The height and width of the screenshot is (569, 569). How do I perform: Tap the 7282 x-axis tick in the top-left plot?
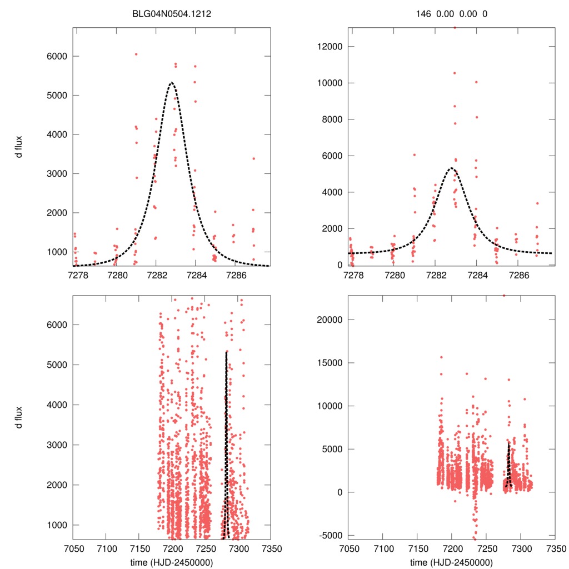(156, 275)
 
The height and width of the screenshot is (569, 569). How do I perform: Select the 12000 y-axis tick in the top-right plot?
(328, 47)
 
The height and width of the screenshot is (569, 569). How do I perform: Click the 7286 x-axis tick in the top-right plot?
(518, 275)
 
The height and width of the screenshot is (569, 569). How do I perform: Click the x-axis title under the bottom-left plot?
(171, 562)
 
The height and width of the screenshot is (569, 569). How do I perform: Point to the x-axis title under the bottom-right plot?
(451, 562)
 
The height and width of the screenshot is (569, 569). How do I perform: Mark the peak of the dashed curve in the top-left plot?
(171, 82)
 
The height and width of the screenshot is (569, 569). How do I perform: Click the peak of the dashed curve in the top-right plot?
(451, 168)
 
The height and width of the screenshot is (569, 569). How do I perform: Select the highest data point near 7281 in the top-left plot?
(136, 54)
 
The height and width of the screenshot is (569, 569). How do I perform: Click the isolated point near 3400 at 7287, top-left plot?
(253, 158)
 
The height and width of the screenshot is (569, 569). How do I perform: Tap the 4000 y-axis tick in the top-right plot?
(330, 192)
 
